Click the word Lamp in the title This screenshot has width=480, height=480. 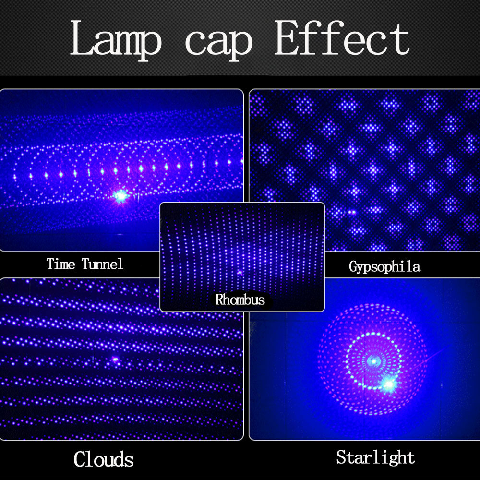(x=116, y=40)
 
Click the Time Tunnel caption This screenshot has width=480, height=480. (x=85, y=264)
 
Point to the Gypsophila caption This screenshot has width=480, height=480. (x=384, y=266)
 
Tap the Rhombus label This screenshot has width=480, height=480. (x=240, y=300)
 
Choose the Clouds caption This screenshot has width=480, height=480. (x=104, y=459)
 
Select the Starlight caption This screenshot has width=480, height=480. (x=375, y=457)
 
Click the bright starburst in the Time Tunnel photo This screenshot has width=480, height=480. (x=120, y=196)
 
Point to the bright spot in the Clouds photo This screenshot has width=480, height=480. (x=115, y=360)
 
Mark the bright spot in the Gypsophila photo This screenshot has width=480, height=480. (x=352, y=212)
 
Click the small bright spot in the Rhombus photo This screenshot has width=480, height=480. (x=240, y=273)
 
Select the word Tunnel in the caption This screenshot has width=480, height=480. (x=103, y=264)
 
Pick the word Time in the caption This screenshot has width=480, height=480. (x=60, y=264)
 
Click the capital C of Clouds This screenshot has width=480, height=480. (x=80, y=459)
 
